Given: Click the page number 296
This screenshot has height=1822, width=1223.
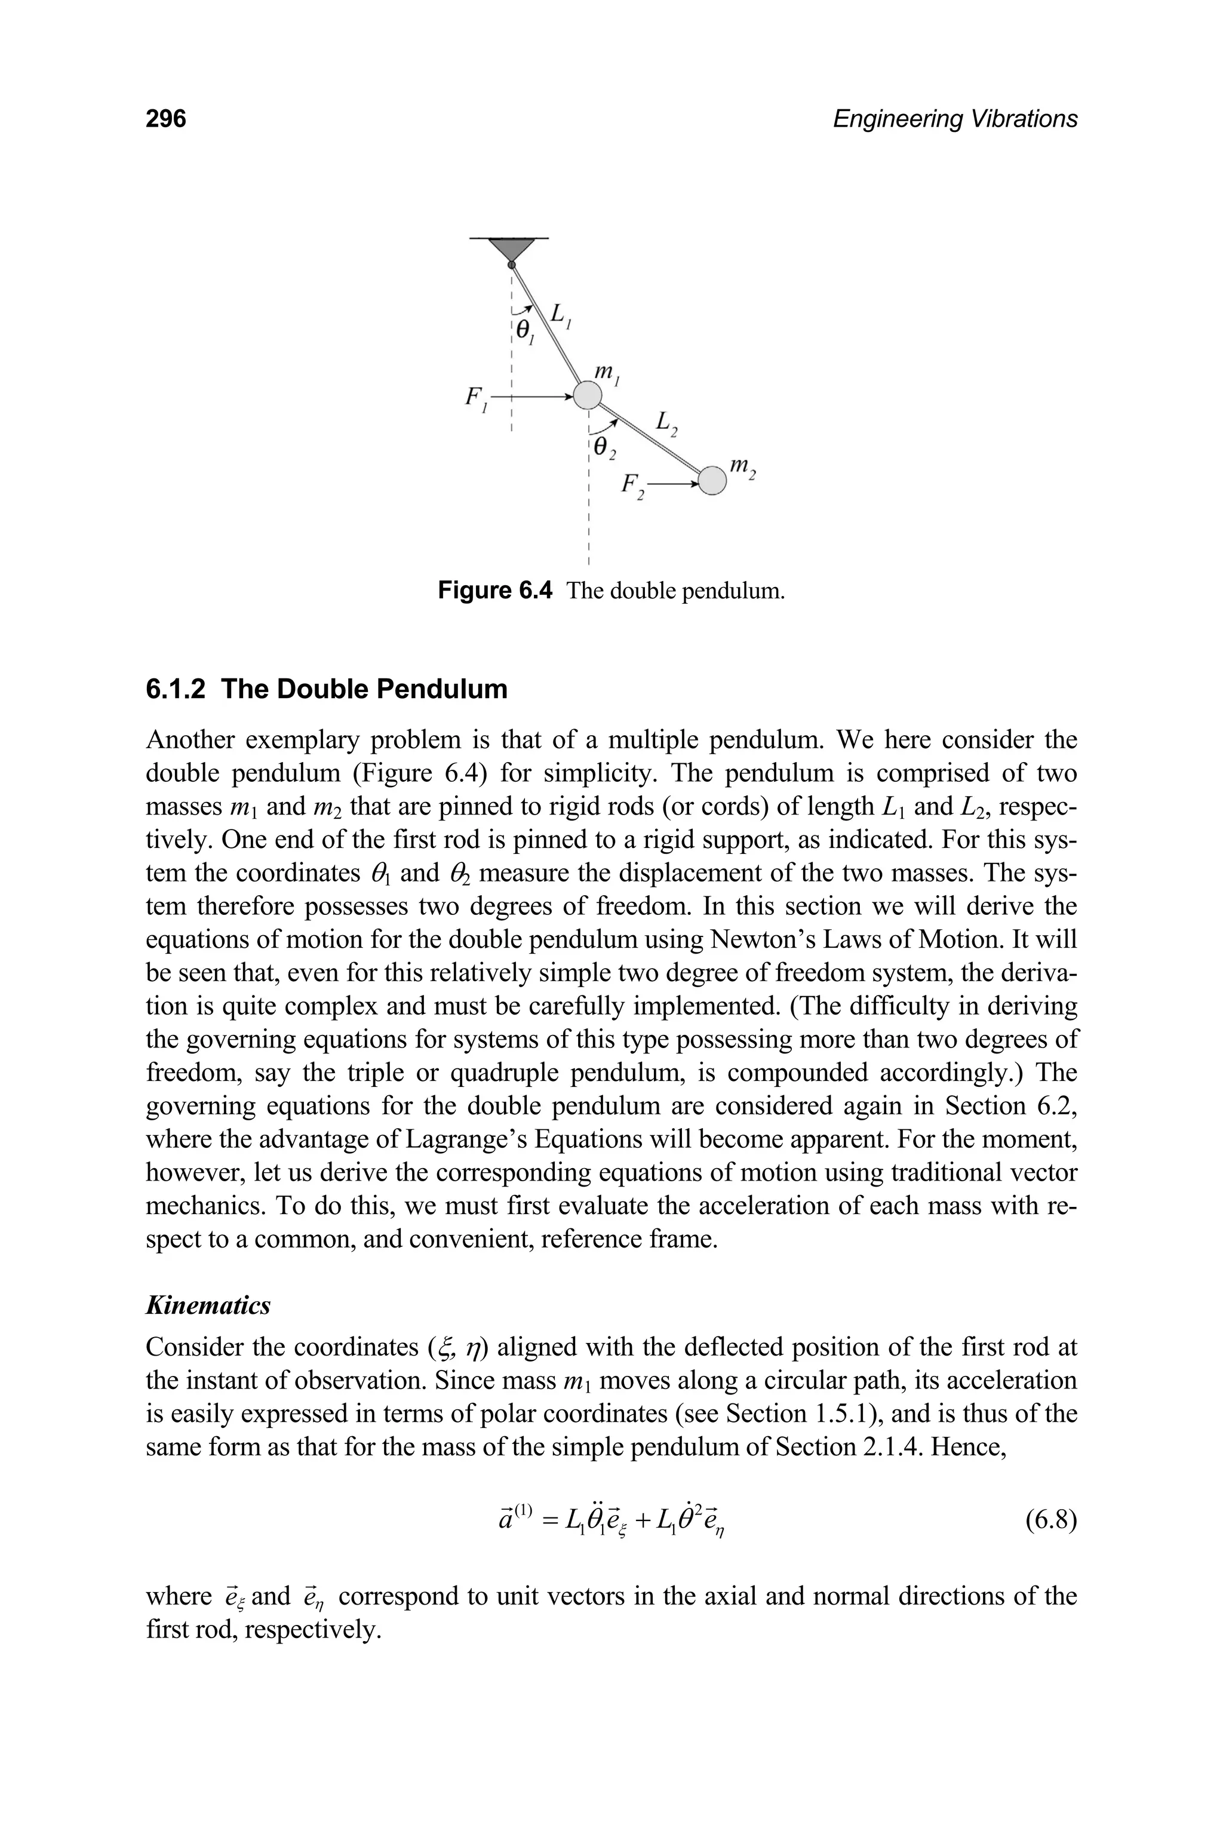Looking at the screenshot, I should [166, 119].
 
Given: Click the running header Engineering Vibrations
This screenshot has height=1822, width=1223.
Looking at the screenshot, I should [955, 119].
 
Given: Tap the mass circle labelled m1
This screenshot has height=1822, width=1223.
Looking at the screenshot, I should [588, 395].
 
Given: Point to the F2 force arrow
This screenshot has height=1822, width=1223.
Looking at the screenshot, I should [675, 484].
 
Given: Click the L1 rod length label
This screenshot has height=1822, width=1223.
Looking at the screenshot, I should [560, 315].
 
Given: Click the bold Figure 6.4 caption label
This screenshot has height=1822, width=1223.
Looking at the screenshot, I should [495, 591].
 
